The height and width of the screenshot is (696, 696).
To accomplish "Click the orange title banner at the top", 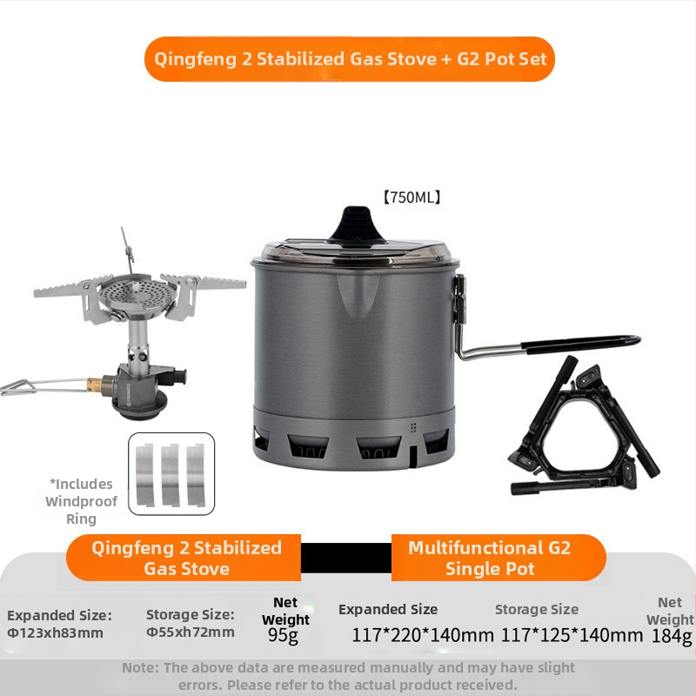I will click(349, 59).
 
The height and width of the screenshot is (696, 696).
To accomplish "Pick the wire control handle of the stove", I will click(30, 385).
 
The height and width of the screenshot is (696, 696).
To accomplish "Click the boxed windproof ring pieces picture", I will click(171, 474).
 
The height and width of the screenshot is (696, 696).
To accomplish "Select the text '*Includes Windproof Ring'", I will click(80, 501).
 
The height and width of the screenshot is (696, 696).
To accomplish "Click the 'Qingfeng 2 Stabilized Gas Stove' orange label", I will click(186, 558).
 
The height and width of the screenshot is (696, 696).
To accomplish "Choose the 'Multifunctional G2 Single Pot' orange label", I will click(489, 558).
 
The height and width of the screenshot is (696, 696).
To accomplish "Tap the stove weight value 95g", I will click(285, 635).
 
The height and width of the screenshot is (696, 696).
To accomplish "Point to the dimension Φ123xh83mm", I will click(55, 632).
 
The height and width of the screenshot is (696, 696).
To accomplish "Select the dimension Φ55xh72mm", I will click(190, 632).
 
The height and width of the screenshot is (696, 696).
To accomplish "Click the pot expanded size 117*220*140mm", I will click(423, 635).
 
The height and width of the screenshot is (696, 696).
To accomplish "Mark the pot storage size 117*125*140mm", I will click(572, 635).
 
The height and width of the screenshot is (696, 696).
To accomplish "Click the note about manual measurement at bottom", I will click(348, 676).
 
